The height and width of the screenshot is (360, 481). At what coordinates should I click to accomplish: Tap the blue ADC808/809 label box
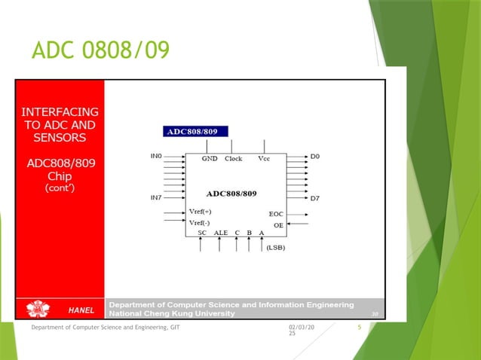192,132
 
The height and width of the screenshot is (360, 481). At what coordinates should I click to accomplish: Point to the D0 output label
315,157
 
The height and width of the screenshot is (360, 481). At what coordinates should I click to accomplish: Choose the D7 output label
315,198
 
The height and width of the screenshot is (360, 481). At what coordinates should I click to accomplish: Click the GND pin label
210,159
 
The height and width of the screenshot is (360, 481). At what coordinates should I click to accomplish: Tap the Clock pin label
233,159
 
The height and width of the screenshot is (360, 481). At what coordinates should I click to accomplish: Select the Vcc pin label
264,159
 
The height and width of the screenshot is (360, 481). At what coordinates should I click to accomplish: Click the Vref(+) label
201,212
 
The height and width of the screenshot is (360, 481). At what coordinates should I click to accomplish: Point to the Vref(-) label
201,223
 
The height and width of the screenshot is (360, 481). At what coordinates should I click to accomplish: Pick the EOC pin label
276,214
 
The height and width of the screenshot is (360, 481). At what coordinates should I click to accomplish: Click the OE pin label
278,224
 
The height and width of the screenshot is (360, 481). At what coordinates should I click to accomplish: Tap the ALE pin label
221,233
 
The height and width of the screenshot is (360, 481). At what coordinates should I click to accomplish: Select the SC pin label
202,233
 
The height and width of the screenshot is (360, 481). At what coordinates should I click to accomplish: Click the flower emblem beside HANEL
38,309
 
